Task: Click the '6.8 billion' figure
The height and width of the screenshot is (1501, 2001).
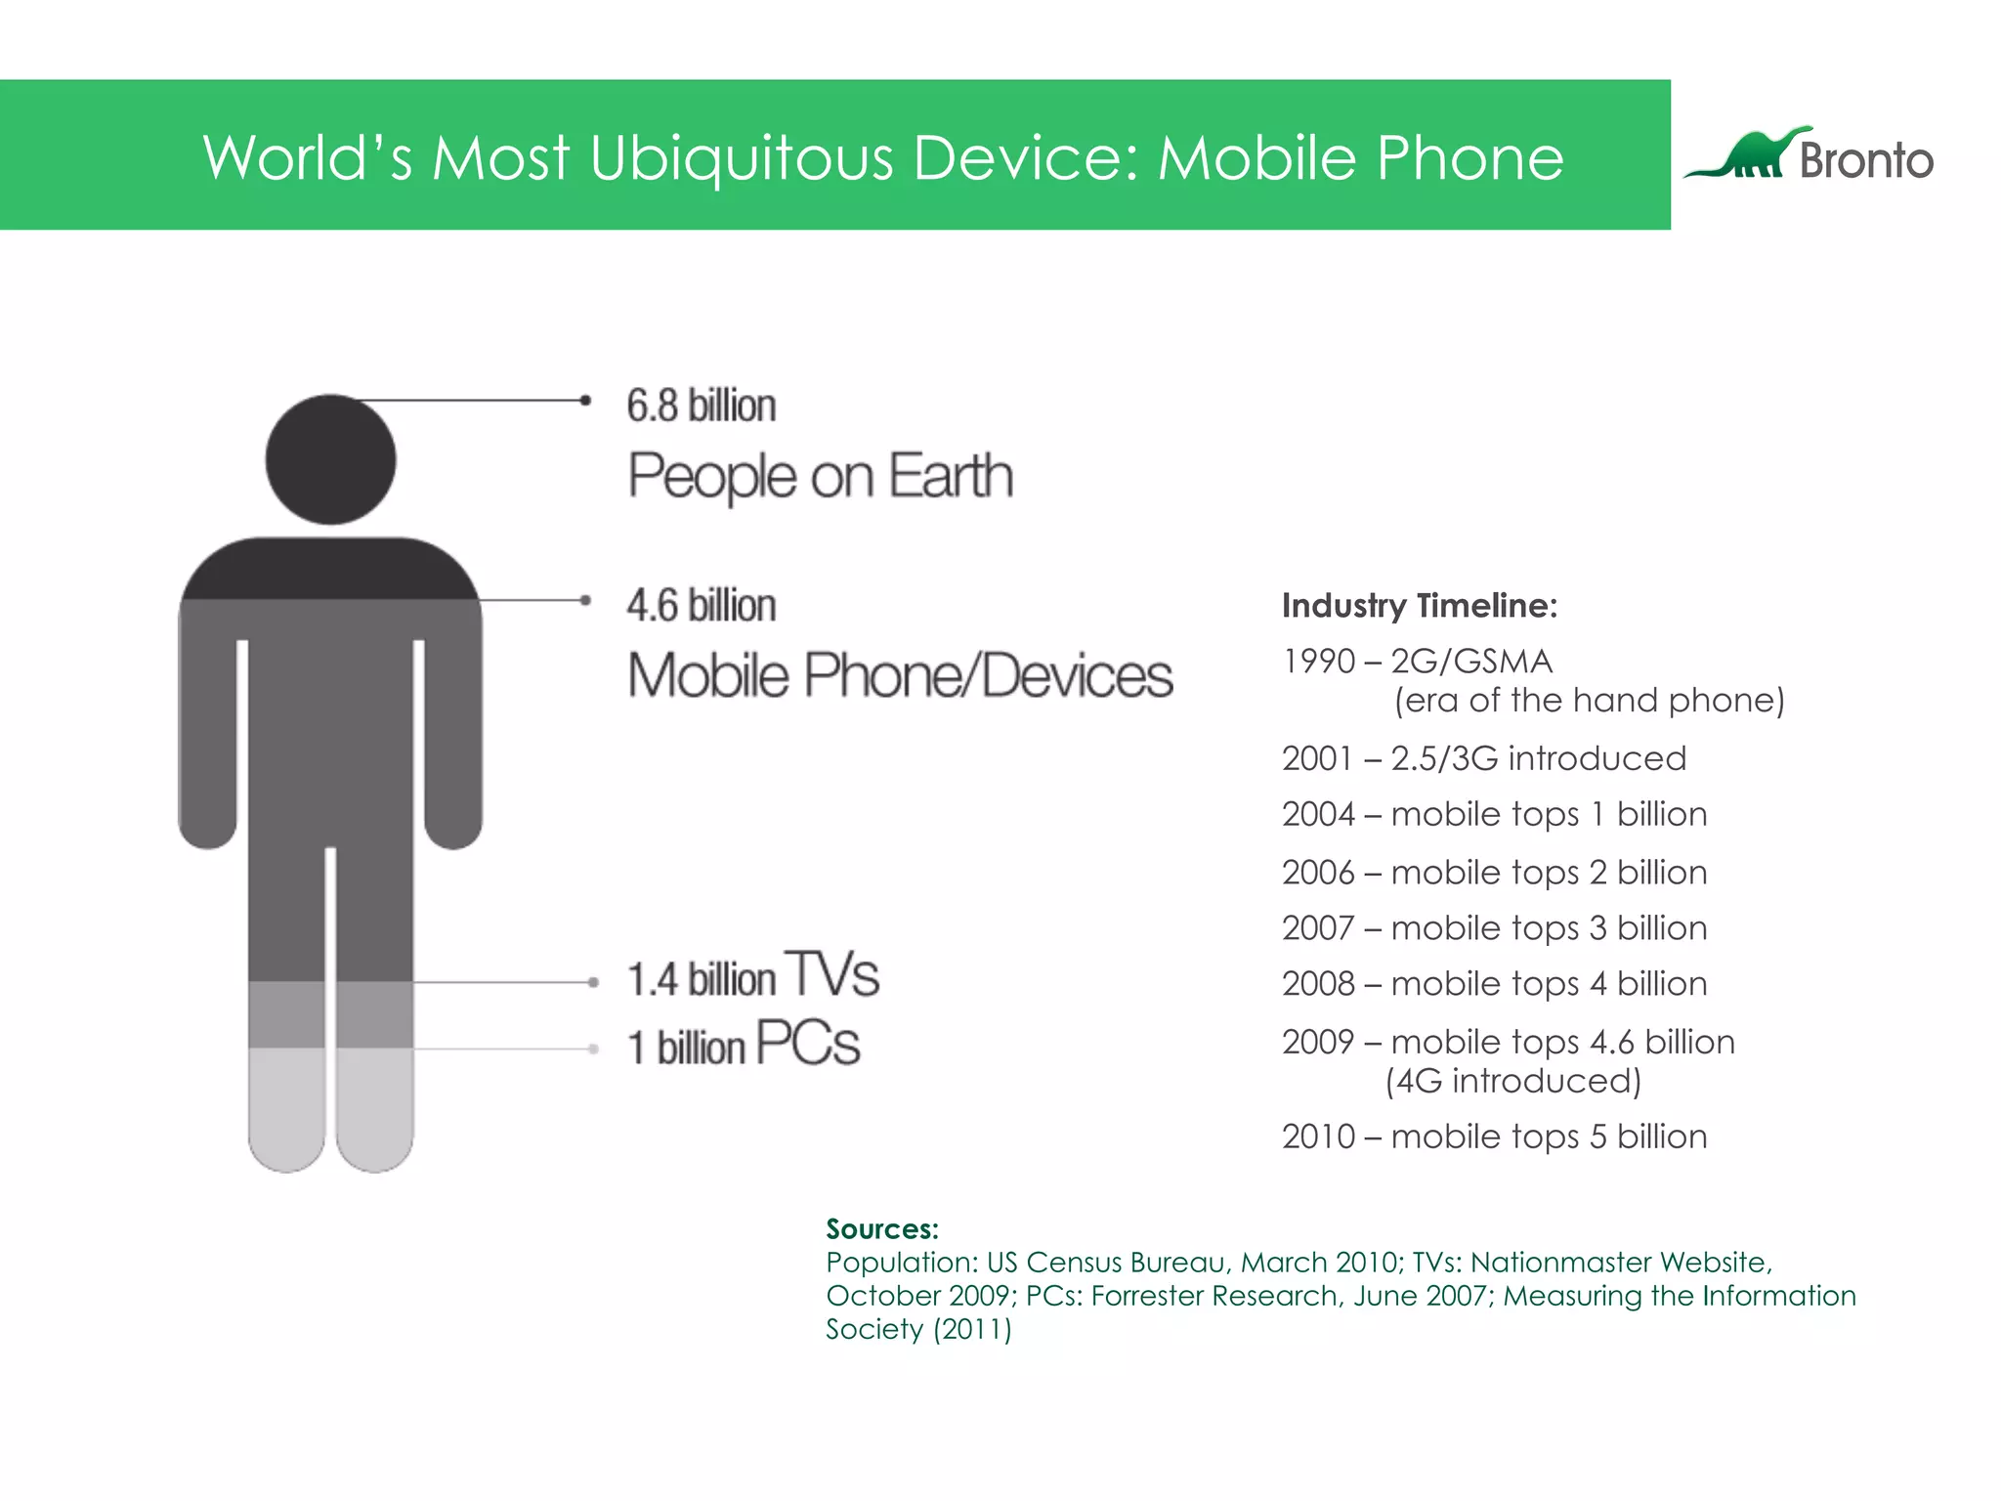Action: pyautogui.click(x=702, y=406)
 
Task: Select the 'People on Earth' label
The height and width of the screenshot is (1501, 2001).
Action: pyautogui.click(x=820, y=477)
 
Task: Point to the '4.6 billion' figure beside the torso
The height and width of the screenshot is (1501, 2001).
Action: pyautogui.click(x=702, y=606)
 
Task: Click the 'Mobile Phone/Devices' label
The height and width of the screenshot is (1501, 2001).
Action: pyautogui.click(x=900, y=676)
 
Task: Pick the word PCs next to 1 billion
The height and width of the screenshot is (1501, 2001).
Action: pyautogui.click(x=808, y=1044)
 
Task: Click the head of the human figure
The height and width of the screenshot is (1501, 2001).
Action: pyautogui.click(x=330, y=459)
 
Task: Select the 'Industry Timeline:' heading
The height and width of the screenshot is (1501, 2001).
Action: pyautogui.click(x=1419, y=606)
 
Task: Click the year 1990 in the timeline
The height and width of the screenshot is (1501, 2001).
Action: pyautogui.click(x=1318, y=662)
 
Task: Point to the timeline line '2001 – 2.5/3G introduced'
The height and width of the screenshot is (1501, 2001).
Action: pyautogui.click(x=1483, y=758)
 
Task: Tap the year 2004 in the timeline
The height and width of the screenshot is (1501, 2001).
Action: pyautogui.click(x=1318, y=814)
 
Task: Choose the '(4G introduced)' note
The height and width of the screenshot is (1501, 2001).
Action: pyautogui.click(x=1512, y=1081)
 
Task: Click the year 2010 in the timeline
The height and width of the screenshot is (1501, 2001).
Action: pyautogui.click(x=1318, y=1136)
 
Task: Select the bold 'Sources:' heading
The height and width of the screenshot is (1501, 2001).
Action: pyautogui.click(x=881, y=1228)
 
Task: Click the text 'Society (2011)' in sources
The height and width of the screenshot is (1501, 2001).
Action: pyautogui.click(x=918, y=1329)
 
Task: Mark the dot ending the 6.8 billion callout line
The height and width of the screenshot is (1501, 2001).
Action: pyautogui.click(x=585, y=400)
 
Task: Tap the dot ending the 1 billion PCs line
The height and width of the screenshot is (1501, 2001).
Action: pyautogui.click(x=593, y=1049)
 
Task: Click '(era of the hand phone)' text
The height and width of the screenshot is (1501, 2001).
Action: pyautogui.click(x=1589, y=701)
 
